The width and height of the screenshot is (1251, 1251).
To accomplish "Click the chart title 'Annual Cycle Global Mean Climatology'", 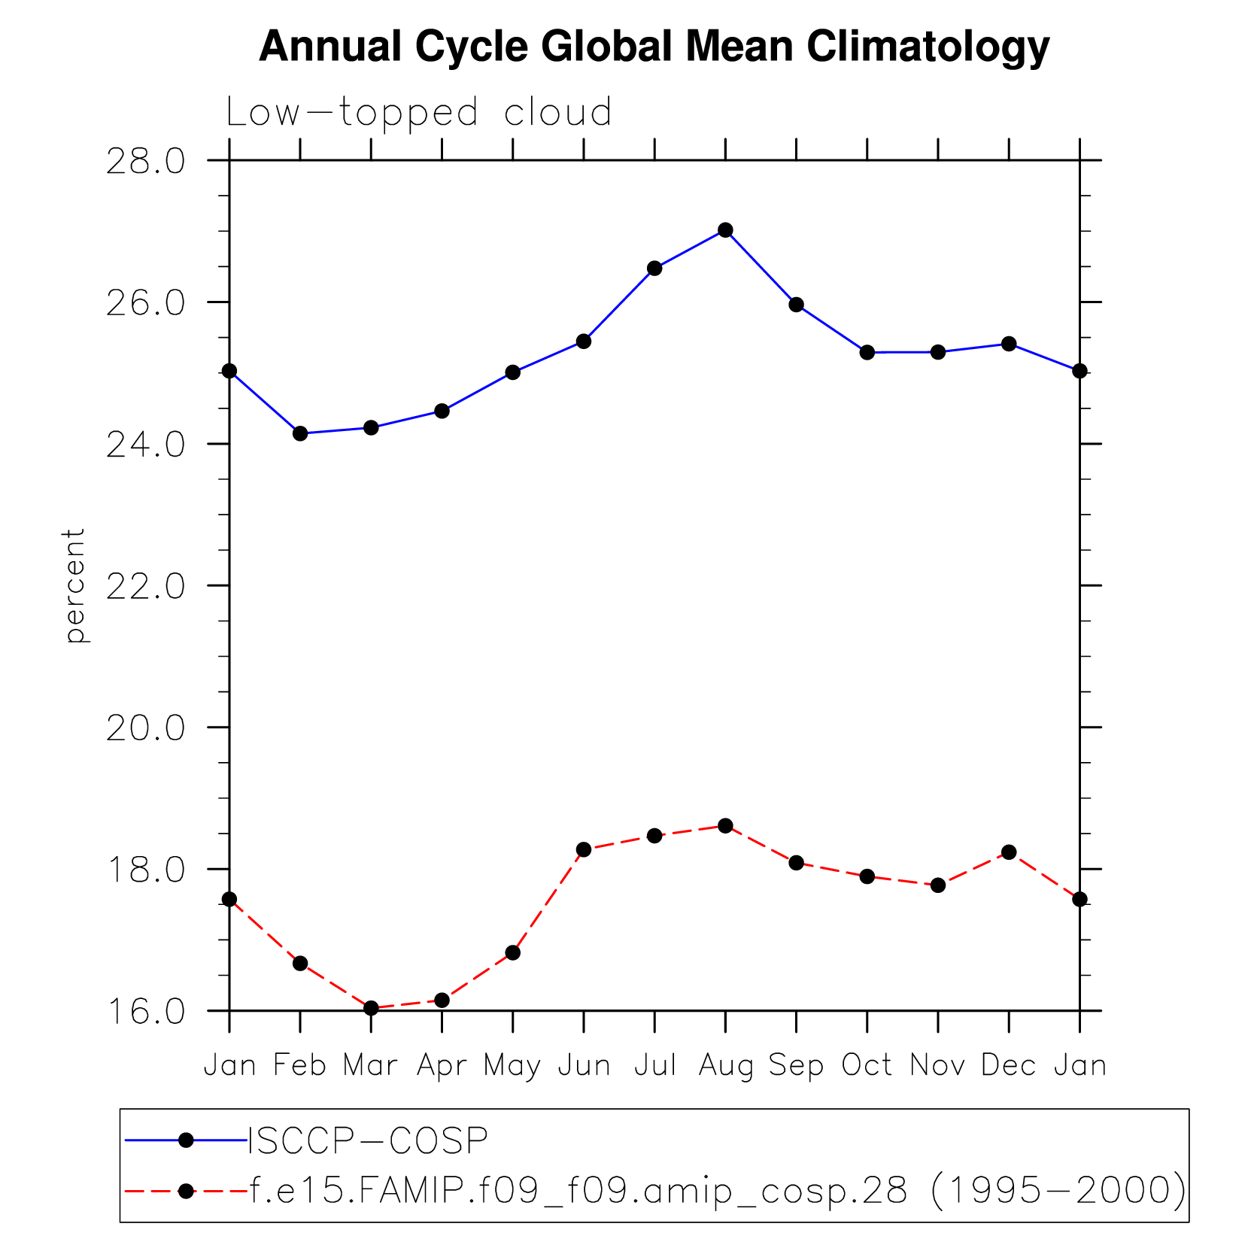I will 654,47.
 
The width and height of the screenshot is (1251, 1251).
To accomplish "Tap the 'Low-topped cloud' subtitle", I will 419,113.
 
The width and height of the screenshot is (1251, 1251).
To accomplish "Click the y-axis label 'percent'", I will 74,585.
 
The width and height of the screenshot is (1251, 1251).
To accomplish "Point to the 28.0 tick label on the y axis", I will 145,161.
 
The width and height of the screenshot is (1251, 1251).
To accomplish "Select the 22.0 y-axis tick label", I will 145,586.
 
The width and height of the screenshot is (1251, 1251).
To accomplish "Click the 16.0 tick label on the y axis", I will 145,1012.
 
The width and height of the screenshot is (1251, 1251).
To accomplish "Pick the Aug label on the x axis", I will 725,1065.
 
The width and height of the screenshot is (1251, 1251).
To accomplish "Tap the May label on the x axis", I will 512,1065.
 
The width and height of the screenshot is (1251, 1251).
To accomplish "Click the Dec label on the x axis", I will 1009,1065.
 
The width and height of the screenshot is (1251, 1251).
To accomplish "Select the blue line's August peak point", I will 725,230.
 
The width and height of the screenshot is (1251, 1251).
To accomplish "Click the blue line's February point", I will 300,433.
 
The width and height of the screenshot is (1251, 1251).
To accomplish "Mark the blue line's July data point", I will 654,269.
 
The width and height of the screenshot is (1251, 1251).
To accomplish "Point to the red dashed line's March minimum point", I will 371,1008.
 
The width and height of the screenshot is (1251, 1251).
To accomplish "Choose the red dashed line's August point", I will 725,826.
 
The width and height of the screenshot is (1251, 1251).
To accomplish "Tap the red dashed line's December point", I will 1009,852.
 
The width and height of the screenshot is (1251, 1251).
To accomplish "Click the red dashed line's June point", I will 584,849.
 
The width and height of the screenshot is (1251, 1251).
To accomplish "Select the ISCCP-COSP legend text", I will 368,1141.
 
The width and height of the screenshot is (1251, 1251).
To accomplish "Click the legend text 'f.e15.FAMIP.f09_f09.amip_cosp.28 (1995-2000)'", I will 717,1191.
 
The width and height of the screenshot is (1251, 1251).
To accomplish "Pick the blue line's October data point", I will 867,352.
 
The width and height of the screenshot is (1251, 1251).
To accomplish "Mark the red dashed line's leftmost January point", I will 229,899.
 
